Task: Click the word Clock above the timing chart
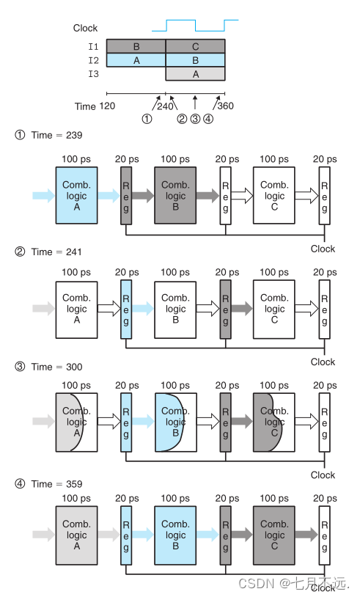85,28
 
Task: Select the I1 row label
93,46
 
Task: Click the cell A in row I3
195,74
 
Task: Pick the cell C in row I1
195,46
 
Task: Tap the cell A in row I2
136,60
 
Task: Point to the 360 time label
226,106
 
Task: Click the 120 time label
107,106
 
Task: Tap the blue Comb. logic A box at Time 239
76,195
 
